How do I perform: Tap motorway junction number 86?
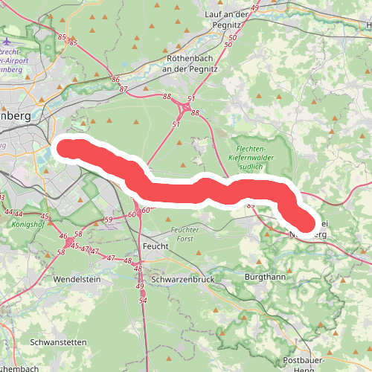(x=115, y=79)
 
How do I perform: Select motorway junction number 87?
(x=124, y=89)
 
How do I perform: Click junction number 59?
(x=108, y=219)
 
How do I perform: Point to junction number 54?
(x=143, y=300)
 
